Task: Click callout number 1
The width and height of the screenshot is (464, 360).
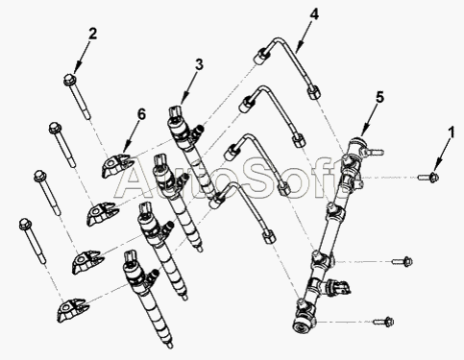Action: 451,132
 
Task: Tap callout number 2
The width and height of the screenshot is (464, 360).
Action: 92,34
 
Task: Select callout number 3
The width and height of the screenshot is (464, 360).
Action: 199,64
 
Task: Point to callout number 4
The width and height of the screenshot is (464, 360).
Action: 314,14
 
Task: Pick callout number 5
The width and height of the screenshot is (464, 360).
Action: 379,97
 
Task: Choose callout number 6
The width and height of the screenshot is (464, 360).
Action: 141,114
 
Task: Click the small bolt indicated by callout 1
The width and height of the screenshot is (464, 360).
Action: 428,177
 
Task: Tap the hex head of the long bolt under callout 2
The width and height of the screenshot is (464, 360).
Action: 69,79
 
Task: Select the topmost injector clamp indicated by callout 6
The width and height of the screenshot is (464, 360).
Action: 116,165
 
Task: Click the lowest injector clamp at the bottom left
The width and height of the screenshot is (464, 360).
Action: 72,310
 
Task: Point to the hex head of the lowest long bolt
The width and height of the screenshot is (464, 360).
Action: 25,224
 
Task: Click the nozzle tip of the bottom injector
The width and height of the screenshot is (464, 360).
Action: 170,345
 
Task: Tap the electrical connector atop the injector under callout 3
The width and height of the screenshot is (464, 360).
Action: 175,111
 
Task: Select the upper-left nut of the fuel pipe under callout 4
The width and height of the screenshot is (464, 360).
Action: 260,57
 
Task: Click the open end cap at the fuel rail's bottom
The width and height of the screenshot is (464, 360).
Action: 302,324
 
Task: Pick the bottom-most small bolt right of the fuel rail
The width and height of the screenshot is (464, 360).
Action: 383,322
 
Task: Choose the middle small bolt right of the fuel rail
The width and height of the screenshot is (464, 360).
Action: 403,261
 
